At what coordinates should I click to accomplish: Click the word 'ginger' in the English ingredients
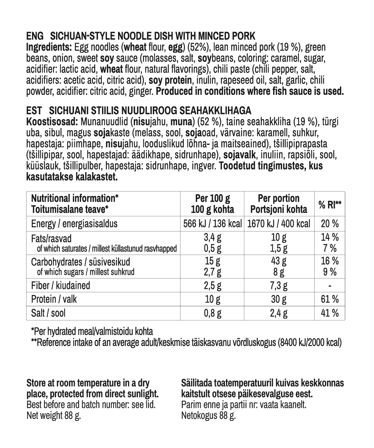click(x=140, y=91)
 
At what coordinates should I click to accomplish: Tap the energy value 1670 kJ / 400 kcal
click(x=279, y=224)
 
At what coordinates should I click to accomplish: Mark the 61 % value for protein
click(x=330, y=299)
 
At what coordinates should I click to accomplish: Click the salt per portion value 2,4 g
click(x=279, y=313)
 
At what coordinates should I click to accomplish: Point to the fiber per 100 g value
click(x=213, y=286)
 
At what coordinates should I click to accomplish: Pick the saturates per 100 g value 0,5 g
click(x=213, y=248)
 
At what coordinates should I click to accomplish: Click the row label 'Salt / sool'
click(x=48, y=313)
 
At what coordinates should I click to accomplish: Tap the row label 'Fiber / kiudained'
click(x=61, y=286)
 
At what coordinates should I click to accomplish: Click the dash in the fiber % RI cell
click(x=330, y=286)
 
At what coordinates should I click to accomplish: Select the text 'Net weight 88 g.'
click(x=54, y=416)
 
